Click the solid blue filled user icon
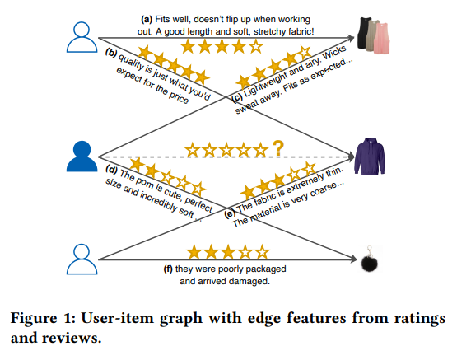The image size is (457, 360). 82,156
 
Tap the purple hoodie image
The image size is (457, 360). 369,157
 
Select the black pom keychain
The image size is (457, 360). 369,260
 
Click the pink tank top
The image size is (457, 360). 382,39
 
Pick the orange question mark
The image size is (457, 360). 278,148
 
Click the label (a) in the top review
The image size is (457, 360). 147,20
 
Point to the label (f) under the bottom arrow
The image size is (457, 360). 169,269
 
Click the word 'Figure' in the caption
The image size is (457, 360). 34,318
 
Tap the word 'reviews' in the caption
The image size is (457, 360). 71,338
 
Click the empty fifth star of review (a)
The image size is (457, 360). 255,47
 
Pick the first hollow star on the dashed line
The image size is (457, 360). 193,150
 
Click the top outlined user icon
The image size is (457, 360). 82,37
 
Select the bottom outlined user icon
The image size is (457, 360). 82,259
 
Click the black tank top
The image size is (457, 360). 363,33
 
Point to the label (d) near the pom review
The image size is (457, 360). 112,170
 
